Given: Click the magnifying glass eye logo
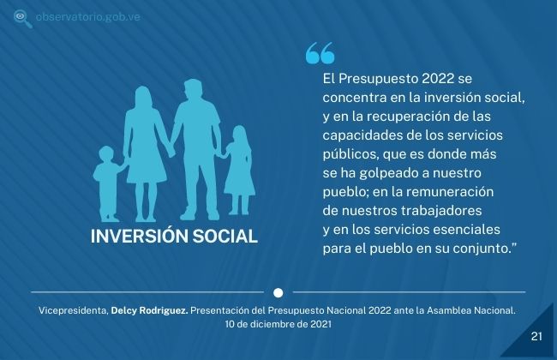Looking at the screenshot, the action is (x=22, y=19).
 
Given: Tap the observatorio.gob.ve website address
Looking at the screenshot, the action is (x=87, y=16).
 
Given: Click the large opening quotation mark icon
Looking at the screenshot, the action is (x=320, y=53).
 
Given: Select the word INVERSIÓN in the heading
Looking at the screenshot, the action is (x=139, y=237).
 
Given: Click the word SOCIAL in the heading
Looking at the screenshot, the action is (x=225, y=237).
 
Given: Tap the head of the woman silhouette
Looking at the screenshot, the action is (x=143, y=96).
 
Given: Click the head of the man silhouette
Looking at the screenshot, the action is (x=194, y=89).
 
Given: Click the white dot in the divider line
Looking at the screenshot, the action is (x=278, y=293).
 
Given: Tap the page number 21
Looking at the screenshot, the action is (x=536, y=336).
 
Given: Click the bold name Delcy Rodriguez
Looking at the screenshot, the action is (x=150, y=310).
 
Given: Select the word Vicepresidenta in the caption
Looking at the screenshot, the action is (x=74, y=310).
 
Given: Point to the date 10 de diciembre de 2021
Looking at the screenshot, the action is (x=278, y=324).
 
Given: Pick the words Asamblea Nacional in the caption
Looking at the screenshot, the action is (x=471, y=310).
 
